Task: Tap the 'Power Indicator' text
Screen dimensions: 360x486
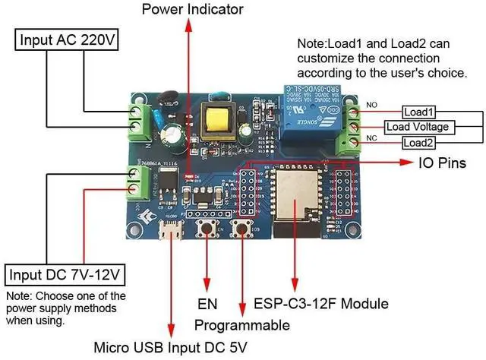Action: click(192, 9)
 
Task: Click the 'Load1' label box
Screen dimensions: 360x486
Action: click(419, 112)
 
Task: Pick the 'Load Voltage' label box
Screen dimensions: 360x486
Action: click(417, 126)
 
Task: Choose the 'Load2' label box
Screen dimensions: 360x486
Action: click(419, 142)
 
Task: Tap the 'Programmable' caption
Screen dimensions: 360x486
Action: click(241, 325)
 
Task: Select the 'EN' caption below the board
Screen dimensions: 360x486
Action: click(207, 305)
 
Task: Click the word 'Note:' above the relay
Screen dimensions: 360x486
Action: click(312, 44)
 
